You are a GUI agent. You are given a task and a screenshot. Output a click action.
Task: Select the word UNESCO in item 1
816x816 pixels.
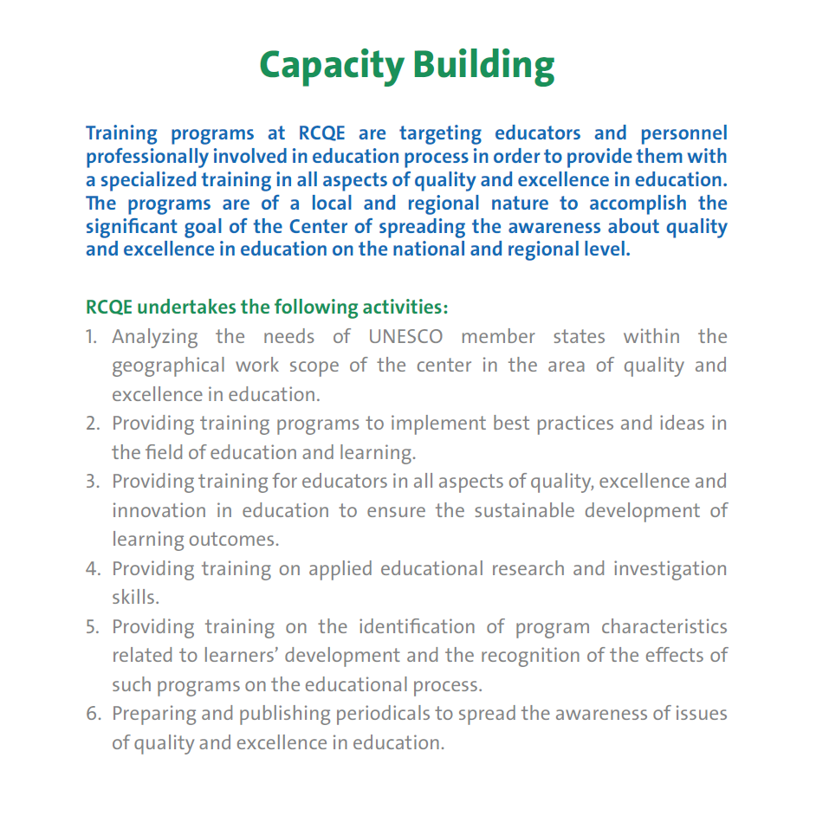[x=405, y=336]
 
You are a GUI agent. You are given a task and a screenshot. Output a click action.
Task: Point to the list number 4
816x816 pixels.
[x=93, y=569]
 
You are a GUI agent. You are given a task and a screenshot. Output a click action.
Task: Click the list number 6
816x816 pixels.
[x=93, y=714]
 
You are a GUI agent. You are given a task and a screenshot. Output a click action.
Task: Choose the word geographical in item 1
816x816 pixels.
[x=169, y=366]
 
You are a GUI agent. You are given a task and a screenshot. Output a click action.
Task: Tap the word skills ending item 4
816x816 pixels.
[x=135, y=598]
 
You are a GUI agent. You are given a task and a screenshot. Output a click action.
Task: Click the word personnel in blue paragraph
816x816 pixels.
[x=684, y=133]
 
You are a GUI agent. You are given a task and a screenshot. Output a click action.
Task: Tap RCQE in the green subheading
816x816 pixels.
[x=109, y=308]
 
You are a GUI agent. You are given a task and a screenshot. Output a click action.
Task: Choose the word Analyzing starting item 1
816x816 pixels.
[x=155, y=337]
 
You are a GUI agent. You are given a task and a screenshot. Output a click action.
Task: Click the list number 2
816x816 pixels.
[x=93, y=424]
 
